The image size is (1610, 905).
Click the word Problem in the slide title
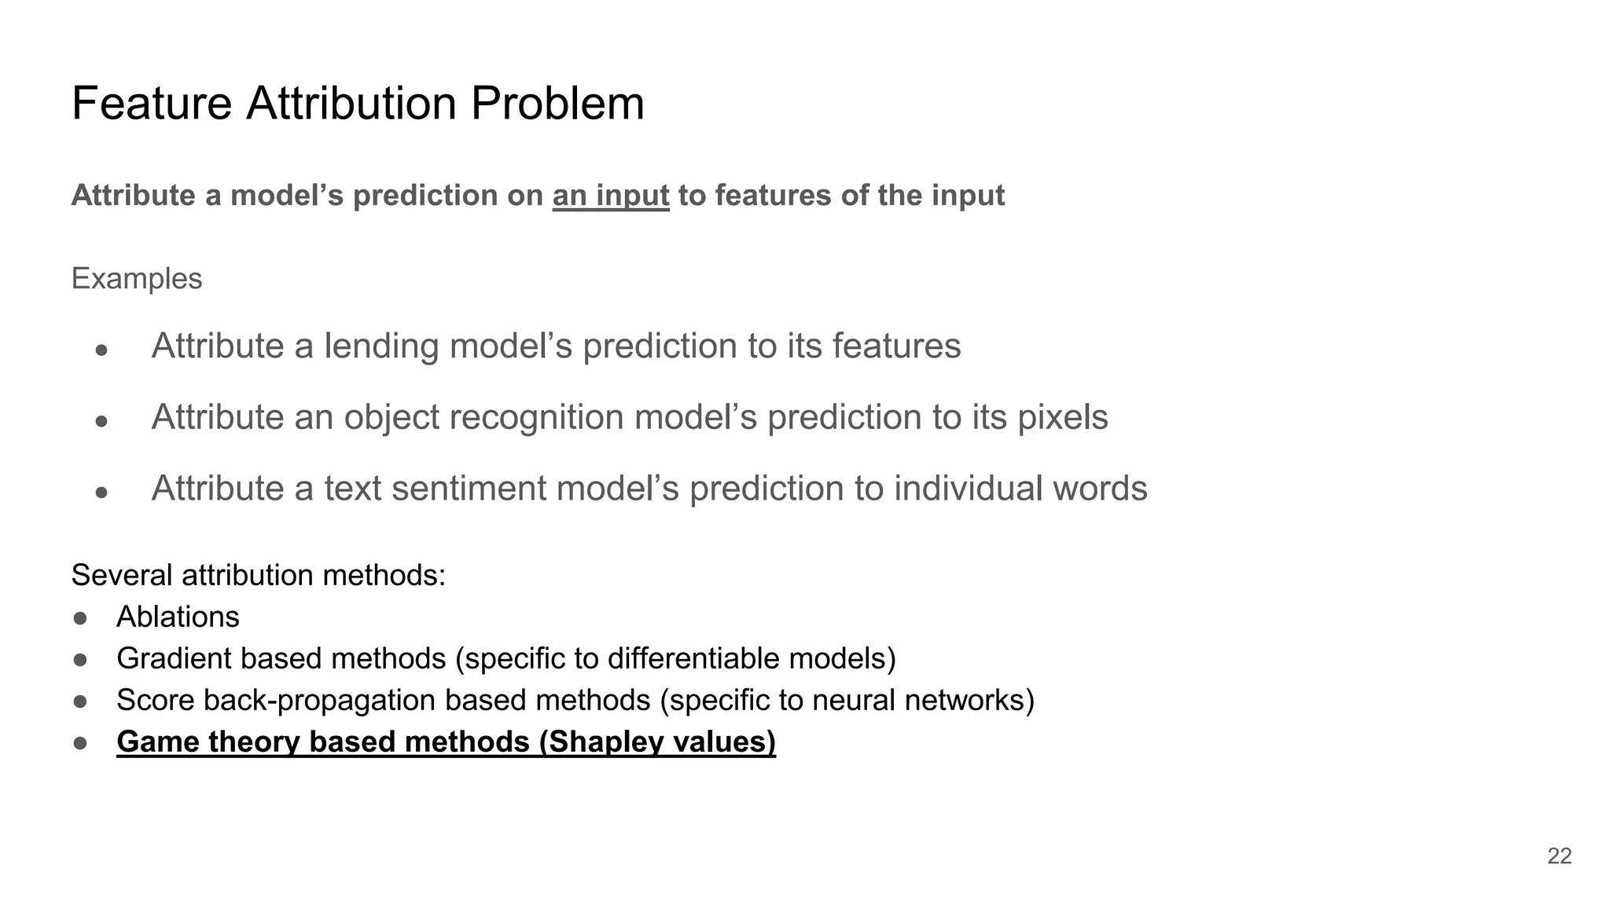557,103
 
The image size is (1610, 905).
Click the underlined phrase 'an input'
611,196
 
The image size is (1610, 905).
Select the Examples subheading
137,279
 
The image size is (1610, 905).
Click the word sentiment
469,489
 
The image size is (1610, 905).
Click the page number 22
1559,856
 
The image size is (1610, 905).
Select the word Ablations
178,617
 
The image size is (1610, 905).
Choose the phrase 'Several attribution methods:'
259,576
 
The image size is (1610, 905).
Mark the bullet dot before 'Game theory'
80,742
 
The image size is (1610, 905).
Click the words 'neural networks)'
923,700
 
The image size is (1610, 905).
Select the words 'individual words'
1020,489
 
